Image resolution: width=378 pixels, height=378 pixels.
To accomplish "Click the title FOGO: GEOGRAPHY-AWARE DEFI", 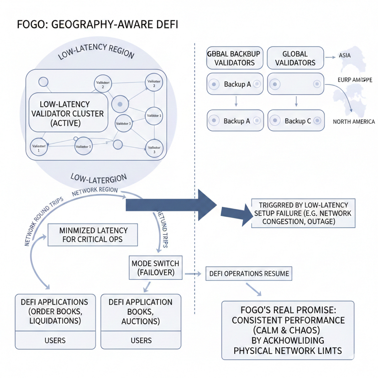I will pos(97,24).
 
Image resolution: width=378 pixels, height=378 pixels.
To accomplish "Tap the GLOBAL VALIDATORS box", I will pos(295,58).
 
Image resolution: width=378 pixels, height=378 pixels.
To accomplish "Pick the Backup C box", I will pos(295,121).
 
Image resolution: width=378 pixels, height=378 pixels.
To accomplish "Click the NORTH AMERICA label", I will pos(353,122).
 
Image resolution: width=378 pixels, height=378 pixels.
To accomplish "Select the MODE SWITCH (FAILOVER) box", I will pos(155,268).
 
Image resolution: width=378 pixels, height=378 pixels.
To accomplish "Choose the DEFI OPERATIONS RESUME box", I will pos(249,273).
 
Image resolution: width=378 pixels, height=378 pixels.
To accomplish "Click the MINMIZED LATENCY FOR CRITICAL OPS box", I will pos(94,235).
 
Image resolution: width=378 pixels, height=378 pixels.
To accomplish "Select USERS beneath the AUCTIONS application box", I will pos(141,340).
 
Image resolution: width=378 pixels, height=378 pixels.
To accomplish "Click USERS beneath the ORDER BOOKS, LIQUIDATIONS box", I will pos(54,340).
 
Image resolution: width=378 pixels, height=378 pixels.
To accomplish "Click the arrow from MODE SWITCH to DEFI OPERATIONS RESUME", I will pos(194,273).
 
